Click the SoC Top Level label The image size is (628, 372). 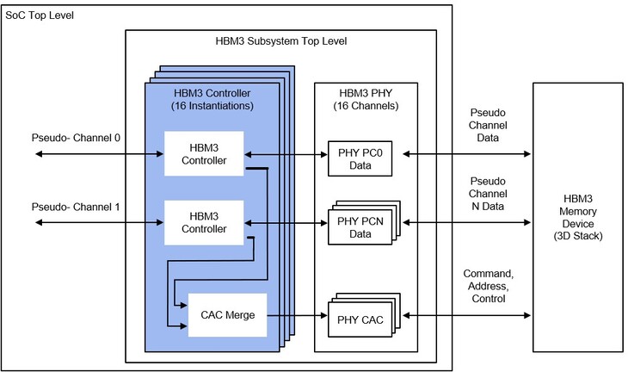(x=40, y=15)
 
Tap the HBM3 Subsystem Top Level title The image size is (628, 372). (x=280, y=41)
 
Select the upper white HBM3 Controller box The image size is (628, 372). (x=204, y=153)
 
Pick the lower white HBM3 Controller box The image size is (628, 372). (x=204, y=222)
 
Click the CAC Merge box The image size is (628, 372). (x=227, y=315)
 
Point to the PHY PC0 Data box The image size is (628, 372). (x=360, y=158)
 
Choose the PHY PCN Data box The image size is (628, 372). (x=360, y=227)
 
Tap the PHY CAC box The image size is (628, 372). (x=360, y=319)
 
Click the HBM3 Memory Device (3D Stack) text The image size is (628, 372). (x=578, y=217)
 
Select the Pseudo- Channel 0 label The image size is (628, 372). (x=76, y=138)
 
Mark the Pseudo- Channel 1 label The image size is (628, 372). (x=76, y=207)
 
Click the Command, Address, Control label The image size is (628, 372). (x=489, y=286)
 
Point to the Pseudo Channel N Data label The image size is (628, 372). (x=488, y=194)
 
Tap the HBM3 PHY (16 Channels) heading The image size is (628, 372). (x=366, y=99)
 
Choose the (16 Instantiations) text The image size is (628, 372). (x=212, y=106)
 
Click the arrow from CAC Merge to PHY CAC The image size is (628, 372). (x=297, y=315)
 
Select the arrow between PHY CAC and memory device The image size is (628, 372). (x=466, y=315)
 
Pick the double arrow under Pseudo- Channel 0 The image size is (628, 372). (x=99, y=154)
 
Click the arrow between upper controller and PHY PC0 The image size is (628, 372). (x=286, y=154)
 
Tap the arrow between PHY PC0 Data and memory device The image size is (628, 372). (x=466, y=154)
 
